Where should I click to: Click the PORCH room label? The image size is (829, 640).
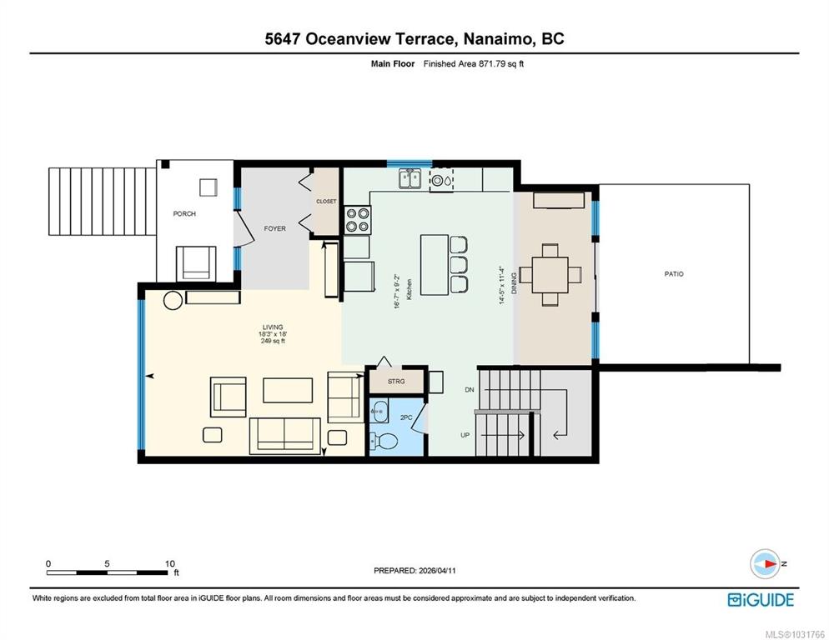click(x=184, y=213)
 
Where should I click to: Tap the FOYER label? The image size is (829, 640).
click(x=274, y=228)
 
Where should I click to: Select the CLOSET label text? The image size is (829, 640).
click(x=326, y=202)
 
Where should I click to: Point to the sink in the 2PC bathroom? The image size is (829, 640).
click(x=379, y=411)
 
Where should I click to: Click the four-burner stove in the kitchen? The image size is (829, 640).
click(x=358, y=219)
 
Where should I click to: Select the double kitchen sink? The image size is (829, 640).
click(x=409, y=178)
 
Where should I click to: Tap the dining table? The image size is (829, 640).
click(x=550, y=275)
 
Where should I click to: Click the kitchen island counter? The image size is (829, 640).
click(x=435, y=265)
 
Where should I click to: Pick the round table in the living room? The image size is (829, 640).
click(x=173, y=300)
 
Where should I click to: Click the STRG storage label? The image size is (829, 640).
click(x=396, y=381)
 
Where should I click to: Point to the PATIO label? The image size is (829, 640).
click(x=674, y=274)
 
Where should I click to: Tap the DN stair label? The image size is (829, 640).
click(x=470, y=389)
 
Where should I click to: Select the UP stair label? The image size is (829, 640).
click(x=465, y=435)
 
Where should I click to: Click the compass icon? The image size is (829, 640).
click(x=765, y=564)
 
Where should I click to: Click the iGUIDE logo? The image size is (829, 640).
click(x=761, y=600)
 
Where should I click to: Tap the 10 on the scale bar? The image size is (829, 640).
click(x=169, y=563)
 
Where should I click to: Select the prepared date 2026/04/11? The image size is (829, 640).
click(x=437, y=571)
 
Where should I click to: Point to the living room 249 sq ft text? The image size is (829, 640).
click(x=273, y=341)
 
